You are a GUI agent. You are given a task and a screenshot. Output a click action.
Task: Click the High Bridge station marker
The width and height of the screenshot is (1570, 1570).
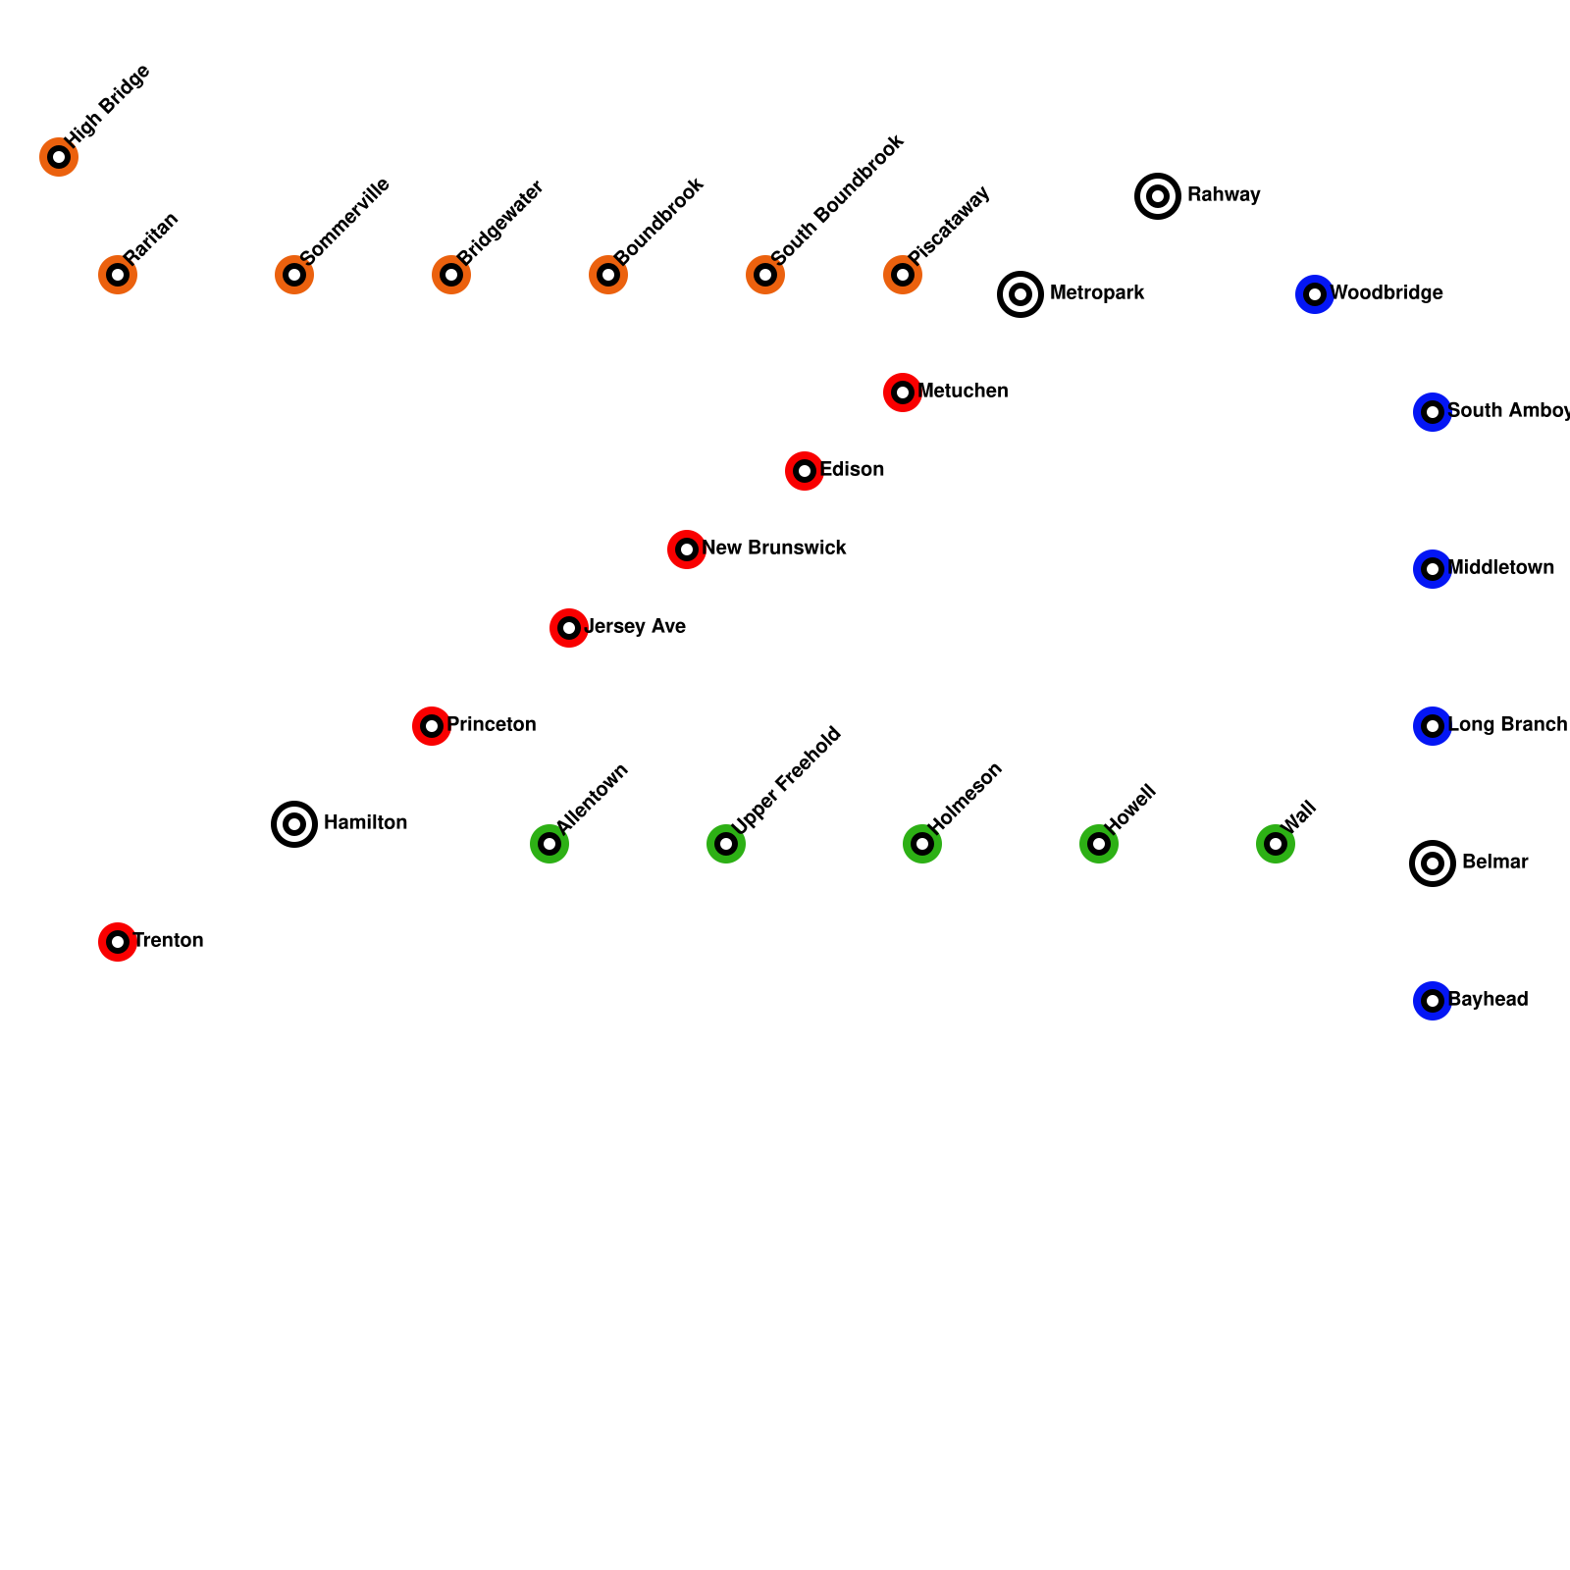(x=59, y=157)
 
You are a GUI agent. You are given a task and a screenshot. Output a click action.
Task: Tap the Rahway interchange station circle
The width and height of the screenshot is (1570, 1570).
(x=1158, y=196)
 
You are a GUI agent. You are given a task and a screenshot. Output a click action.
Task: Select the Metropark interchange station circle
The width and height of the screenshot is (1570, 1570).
(x=1020, y=294)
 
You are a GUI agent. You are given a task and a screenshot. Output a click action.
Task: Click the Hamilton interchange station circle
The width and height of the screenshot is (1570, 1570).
(x=294, y=824)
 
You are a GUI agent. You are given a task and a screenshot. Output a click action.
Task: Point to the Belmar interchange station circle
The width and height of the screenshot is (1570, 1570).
(x=1433, y=863)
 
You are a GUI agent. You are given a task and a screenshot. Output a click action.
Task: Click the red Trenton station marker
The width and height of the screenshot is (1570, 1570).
(x=118, y=942)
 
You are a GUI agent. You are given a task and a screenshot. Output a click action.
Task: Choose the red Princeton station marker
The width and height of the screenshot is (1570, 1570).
(x=432, y=726)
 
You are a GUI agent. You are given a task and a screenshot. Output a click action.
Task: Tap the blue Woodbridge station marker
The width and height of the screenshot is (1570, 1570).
(x=1315, y=294)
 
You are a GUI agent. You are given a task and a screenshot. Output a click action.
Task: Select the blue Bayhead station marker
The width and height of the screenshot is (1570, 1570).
(x=1433, y=1001)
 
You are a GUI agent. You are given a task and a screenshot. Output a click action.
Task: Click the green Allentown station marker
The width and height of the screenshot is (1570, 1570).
(x=549, y=844)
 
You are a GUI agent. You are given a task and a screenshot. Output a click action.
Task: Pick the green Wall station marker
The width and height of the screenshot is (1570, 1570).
(x=1276, y=844)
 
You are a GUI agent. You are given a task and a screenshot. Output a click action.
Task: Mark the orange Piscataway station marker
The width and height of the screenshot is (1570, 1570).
(x=903, y=275)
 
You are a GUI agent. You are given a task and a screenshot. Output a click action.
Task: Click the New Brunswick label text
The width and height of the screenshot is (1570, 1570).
(x=774, y=549)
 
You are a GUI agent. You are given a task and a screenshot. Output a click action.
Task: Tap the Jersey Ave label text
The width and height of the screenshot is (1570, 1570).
(x=635, y=627)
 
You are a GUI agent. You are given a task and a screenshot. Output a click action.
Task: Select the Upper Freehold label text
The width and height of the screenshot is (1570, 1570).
(x=787, y=780)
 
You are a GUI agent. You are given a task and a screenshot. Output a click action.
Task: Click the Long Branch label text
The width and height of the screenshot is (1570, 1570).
(x=1507, y=725)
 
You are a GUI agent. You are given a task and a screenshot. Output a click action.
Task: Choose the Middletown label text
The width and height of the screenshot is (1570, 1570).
(x=1501, y=568)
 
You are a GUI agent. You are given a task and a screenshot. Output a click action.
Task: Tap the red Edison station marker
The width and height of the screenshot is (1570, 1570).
(x=805, y=471)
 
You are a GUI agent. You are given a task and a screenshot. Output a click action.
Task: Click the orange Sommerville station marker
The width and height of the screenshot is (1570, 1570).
(x=294, y=275)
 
